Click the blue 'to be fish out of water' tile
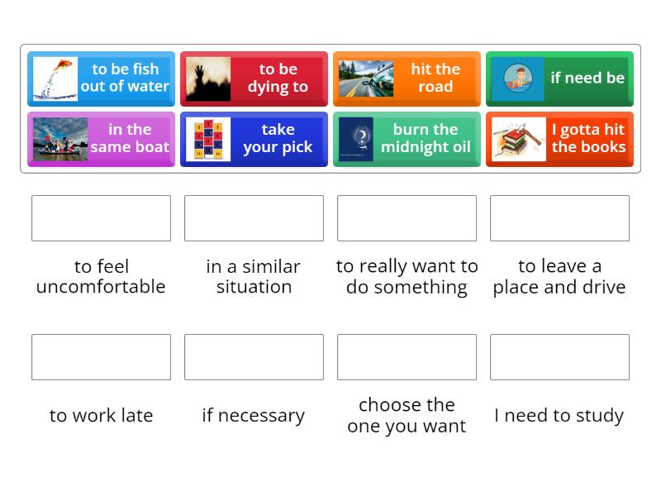pyautogui.click(x=101, y=79)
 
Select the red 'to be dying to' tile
pyautogui.click(x=254, y=79)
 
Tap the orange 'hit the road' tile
pyautogui.click(x=407, y=79)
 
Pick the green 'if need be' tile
pyautogui.click(x=559, y=79)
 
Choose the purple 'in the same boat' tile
pyautogui.click(x=101, y=139)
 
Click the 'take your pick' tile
pyautogui.click(x=254, y=139)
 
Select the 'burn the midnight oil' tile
pyautogui.click(x=407, y=139)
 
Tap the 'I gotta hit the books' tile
pyautogui.click(x=559, y=139)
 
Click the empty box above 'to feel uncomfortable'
pyautogui.click(x=101, y=218)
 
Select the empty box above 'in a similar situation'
pyautogui.click(x=254, y=218)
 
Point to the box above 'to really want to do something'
pyautogui.click(x=407, y=218)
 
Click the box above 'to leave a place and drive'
pyautogui.click(x=559, y=218)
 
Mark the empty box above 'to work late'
pyautogui.click(x=101, y=357)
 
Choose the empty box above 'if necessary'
pyautogui.click(x=254, y=357)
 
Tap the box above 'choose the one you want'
pyautogui.click(x=407, y=357)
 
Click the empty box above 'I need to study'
pyautogui.click(x=559, y=357)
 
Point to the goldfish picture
pyautogui.click(x=55, y=79)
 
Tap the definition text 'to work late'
pyautogui.click(x=101, y=416)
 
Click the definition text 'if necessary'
pyautogui.click(x=254, y=416)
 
